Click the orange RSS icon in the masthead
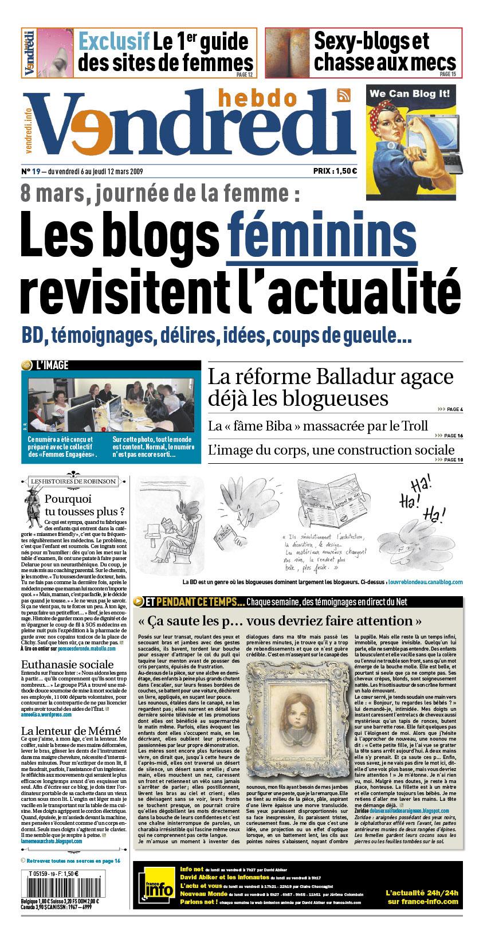pos(344,96)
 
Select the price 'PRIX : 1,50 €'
pos(335,170)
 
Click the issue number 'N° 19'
pos(30,171)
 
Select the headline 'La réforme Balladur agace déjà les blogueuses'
pos(330,388)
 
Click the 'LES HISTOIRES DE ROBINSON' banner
pos(73,481)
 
